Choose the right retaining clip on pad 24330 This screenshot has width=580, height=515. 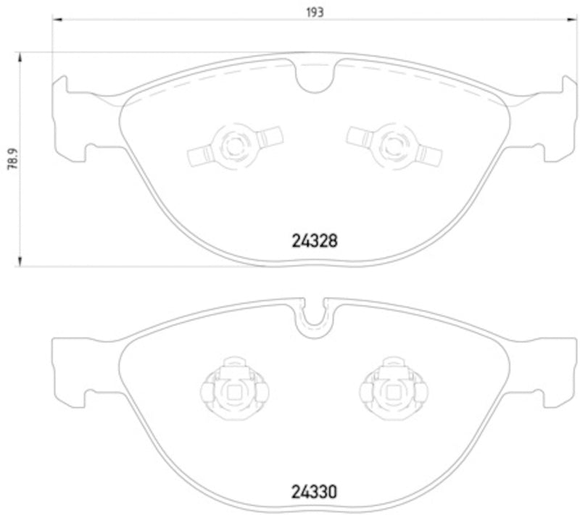coord(392,391)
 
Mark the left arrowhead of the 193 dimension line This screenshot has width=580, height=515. coord(54,21)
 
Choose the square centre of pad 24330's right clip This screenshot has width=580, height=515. coord(392,395)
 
